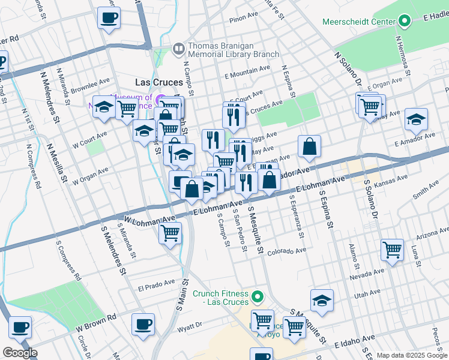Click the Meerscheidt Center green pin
pos(405,22)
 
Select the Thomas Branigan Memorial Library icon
pos(178,49)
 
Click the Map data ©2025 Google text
pos(411,355)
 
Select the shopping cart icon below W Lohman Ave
pos(170,232)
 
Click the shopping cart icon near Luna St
pos(392,248)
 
